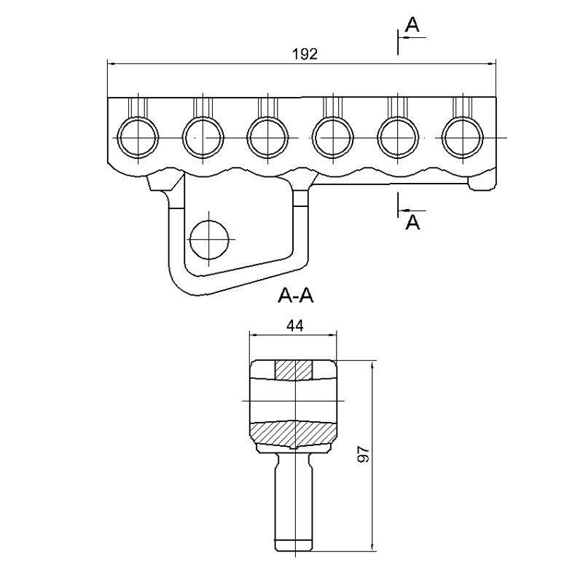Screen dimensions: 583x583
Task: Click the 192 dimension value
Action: pyautogui.click(x=305, y=54)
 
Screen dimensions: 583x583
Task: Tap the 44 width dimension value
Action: pyautogui.click(x=295, y=326)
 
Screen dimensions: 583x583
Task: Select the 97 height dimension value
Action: pyautogui.click(x=363, y=454)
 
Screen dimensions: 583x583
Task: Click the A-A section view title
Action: pyautogui.click(x=296, y=296)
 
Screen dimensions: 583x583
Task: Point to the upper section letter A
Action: pyautogui.click(x=412, y=25)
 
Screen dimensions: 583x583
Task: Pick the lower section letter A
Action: pyautogui.click(x=412, y=222)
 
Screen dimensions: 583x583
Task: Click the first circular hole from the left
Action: pyautogui.click(x=138, y=137)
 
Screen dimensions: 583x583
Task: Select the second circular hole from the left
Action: pyautogui.click(x=203, y=137)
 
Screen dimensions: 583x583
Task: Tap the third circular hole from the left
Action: pyautogui.click(x=267, y=137)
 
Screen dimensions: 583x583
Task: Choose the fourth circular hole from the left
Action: pyautogui.click(x=333, y=137)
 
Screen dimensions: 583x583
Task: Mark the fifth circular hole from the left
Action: pyautogui.click(x=398, y=137)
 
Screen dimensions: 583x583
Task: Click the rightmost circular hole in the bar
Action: pyautogui.click(x=463, y=137)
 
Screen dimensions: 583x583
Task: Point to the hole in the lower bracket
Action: pyautogui.click(x=209, y=240)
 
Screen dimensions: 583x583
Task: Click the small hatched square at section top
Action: pyautogui.click(x=294, y=370)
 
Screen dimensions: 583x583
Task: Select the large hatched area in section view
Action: pyautogui.click(x=294, y=434)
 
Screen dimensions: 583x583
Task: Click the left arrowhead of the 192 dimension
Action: pyautogui.click(x=111, y=63)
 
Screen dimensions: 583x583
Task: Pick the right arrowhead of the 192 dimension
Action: pyautogui.click(x=491, y=63)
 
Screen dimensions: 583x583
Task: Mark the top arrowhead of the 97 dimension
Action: pyautogui.click(x=371, y=365)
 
